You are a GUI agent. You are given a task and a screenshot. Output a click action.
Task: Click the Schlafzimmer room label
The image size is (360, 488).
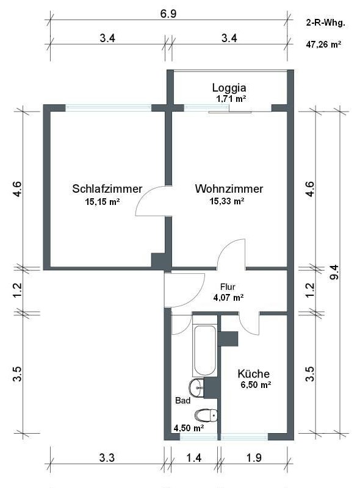[107, 188]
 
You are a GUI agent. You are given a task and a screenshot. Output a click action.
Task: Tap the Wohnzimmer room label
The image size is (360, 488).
[229, 188]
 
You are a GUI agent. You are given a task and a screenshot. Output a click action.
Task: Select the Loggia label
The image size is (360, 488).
[229, 88]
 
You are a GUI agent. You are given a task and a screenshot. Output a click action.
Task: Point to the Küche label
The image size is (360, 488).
[253, 373]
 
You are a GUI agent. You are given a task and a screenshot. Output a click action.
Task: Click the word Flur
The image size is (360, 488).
[228, 287]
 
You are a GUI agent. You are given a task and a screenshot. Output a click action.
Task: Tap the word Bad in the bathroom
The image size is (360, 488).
[183, 400]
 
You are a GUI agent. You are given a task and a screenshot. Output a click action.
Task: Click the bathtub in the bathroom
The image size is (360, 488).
[204, 351]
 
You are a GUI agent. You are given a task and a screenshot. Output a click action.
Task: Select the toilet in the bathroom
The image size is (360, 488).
[206, 415]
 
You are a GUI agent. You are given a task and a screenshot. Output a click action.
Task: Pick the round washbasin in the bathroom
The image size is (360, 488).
[196, 388]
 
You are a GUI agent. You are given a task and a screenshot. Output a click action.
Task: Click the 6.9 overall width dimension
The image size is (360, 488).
[168, 14]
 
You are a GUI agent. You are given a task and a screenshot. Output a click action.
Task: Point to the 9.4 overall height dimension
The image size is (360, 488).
[335, 271]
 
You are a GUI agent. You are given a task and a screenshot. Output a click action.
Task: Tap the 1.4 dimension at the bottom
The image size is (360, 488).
[193, 457]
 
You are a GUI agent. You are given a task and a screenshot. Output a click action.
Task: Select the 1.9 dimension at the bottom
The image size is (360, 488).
[254, 457]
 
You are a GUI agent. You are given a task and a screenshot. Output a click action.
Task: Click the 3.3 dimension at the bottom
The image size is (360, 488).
[107, 457]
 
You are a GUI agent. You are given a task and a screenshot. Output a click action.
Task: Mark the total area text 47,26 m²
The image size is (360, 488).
[323, 44]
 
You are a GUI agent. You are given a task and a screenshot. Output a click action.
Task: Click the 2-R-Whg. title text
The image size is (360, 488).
[326, 23]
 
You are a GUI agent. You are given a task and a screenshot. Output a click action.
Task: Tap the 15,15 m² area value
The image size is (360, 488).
[103, 202]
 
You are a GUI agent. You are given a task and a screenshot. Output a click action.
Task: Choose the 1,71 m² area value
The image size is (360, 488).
[231, 99]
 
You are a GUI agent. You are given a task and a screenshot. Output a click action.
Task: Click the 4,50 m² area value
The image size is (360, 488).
[189, 428]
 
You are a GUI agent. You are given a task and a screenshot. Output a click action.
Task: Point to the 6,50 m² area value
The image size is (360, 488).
[256, 385]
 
